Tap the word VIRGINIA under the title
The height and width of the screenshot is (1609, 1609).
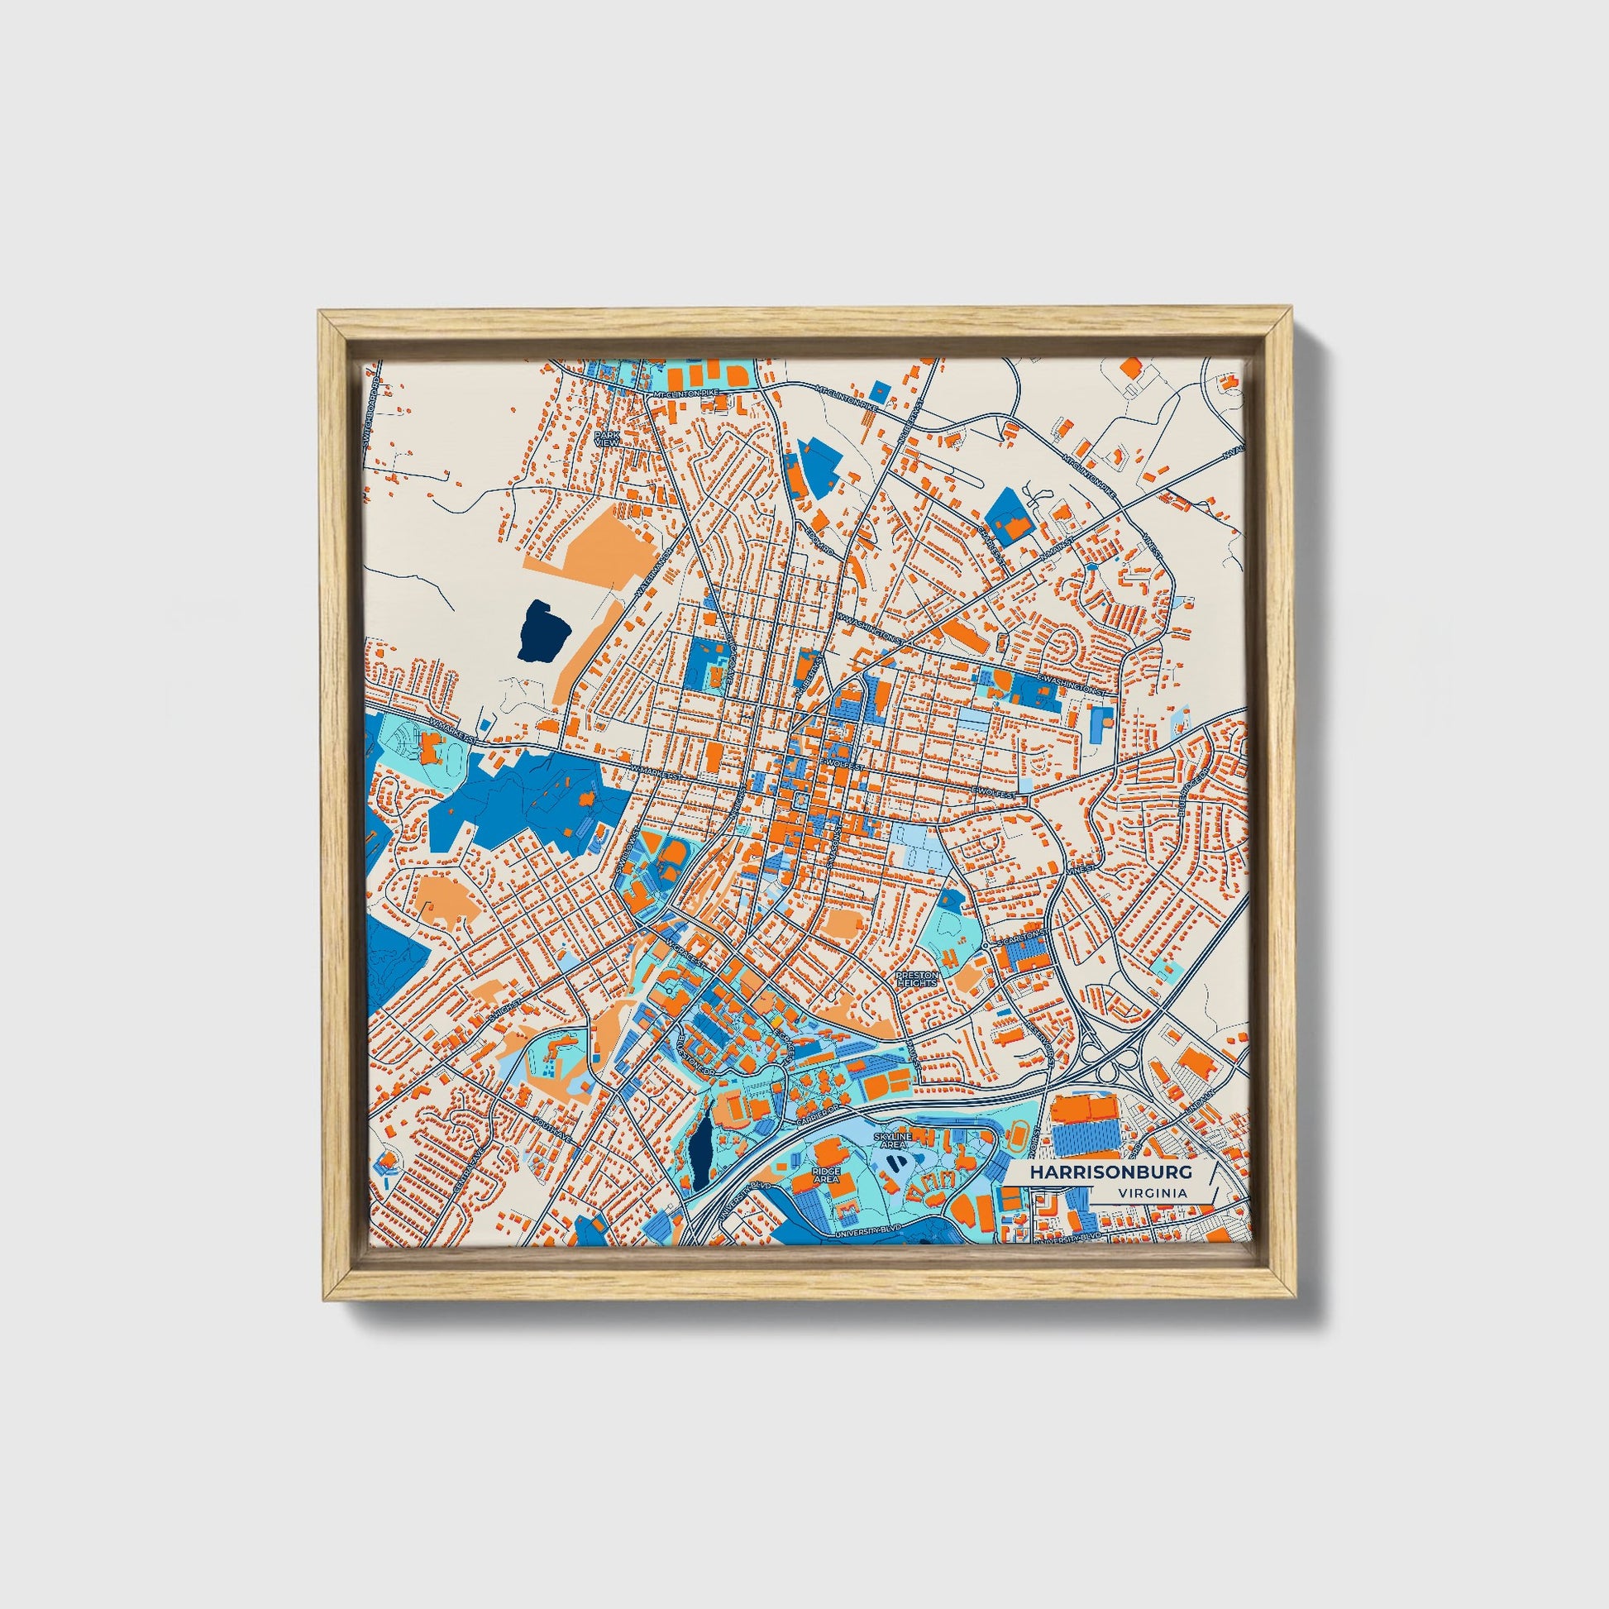click(1153, 1192)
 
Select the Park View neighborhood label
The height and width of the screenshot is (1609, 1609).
click(607, 438)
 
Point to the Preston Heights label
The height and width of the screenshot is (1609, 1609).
click(917, 979)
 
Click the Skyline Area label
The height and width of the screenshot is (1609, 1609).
click(893, 1140)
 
